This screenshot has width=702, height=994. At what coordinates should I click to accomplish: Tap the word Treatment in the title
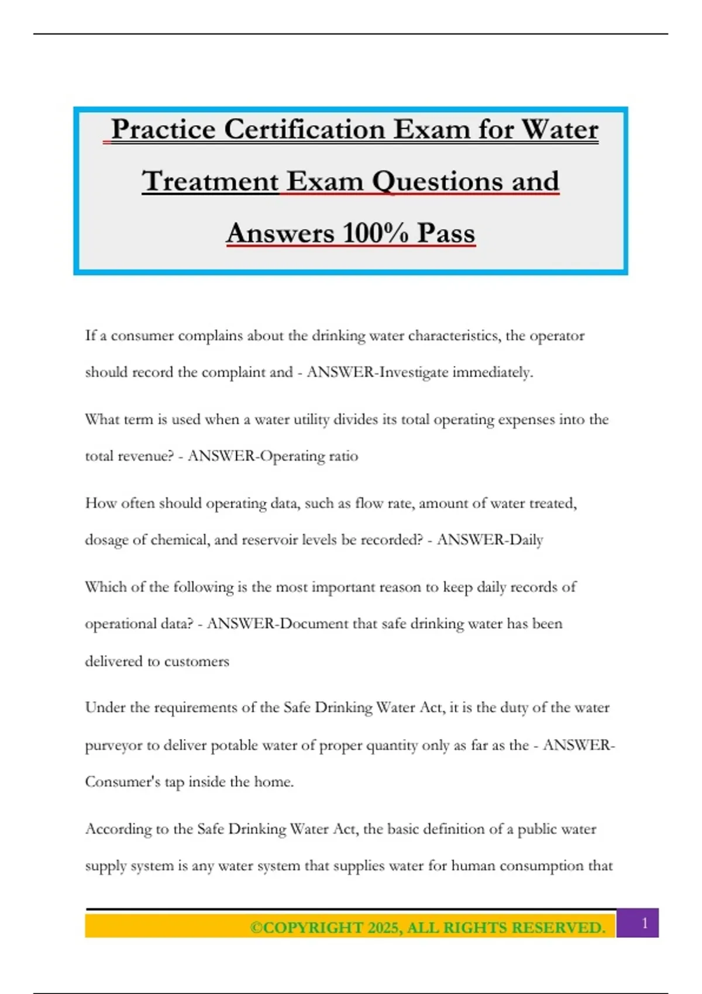point(210,181)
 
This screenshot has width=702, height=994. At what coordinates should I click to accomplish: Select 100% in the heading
point(375,233)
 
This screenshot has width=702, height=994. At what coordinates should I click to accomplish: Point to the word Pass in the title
point(446,233)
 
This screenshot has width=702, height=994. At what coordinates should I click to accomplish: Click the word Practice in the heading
point(163,129)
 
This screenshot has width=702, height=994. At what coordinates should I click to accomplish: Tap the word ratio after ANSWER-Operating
point(343,456)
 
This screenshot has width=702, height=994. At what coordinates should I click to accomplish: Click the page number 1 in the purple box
point(645,923)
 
